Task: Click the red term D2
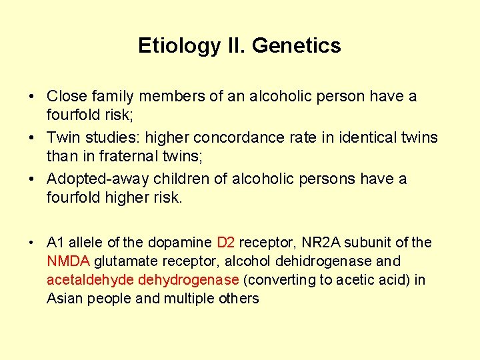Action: pos(226,243)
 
